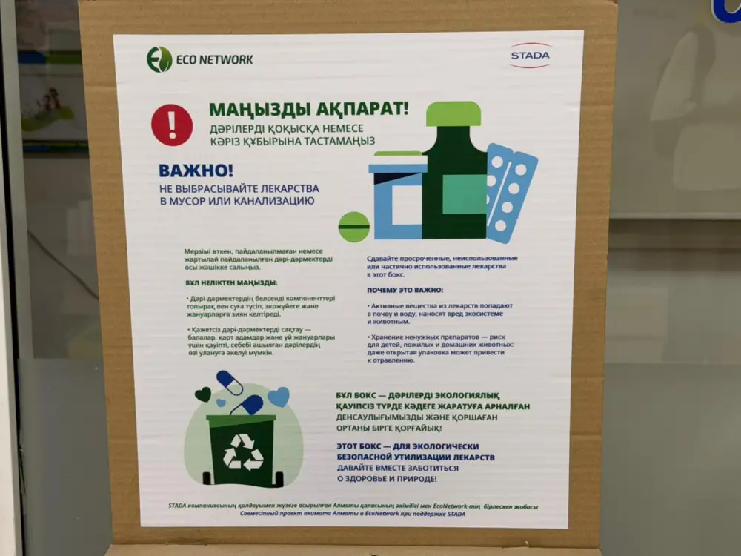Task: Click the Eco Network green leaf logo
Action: click(x=159, y=59)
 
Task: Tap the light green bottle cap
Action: click(x=453, y=113)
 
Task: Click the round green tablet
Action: click(x=353, y=226)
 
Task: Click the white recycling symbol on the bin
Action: click(x=243, y=451)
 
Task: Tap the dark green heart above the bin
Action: click(x=202, y=394)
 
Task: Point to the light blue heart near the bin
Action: click(x=279, y=397)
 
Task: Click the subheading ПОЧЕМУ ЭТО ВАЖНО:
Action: click(x=405, y=290)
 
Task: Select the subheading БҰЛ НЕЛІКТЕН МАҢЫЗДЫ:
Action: click(x=231, y=283)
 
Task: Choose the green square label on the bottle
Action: click(x=464, y=194)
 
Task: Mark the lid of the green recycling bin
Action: click(x=241, y=420)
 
